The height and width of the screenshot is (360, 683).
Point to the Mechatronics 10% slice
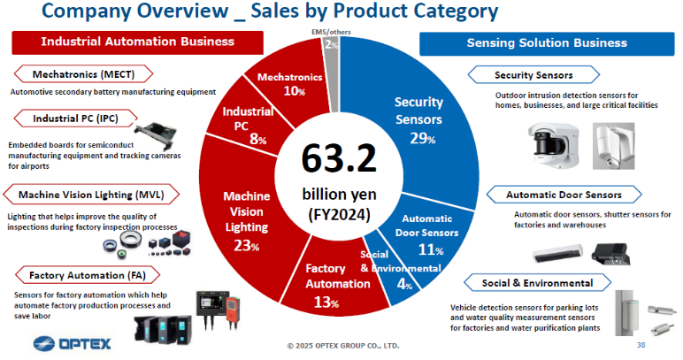(x=289, y=84)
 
